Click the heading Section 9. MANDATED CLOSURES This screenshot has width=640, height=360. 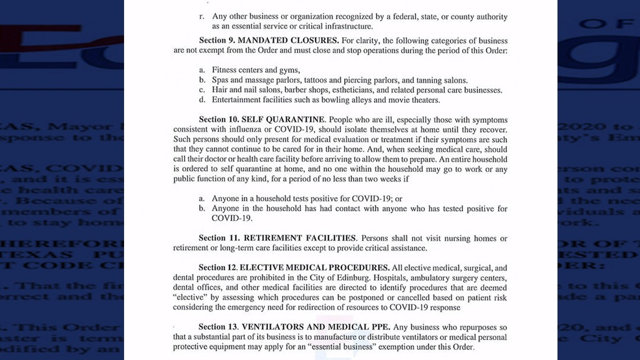(269, 40)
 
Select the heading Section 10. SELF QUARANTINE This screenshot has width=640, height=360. (262, 120)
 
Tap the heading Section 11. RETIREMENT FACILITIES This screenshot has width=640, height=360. (277, 238)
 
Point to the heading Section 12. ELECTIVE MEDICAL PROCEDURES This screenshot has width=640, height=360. (294, 267)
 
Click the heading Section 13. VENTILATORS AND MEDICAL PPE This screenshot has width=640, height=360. (295, 326)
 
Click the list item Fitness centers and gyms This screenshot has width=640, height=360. (255, 70)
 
